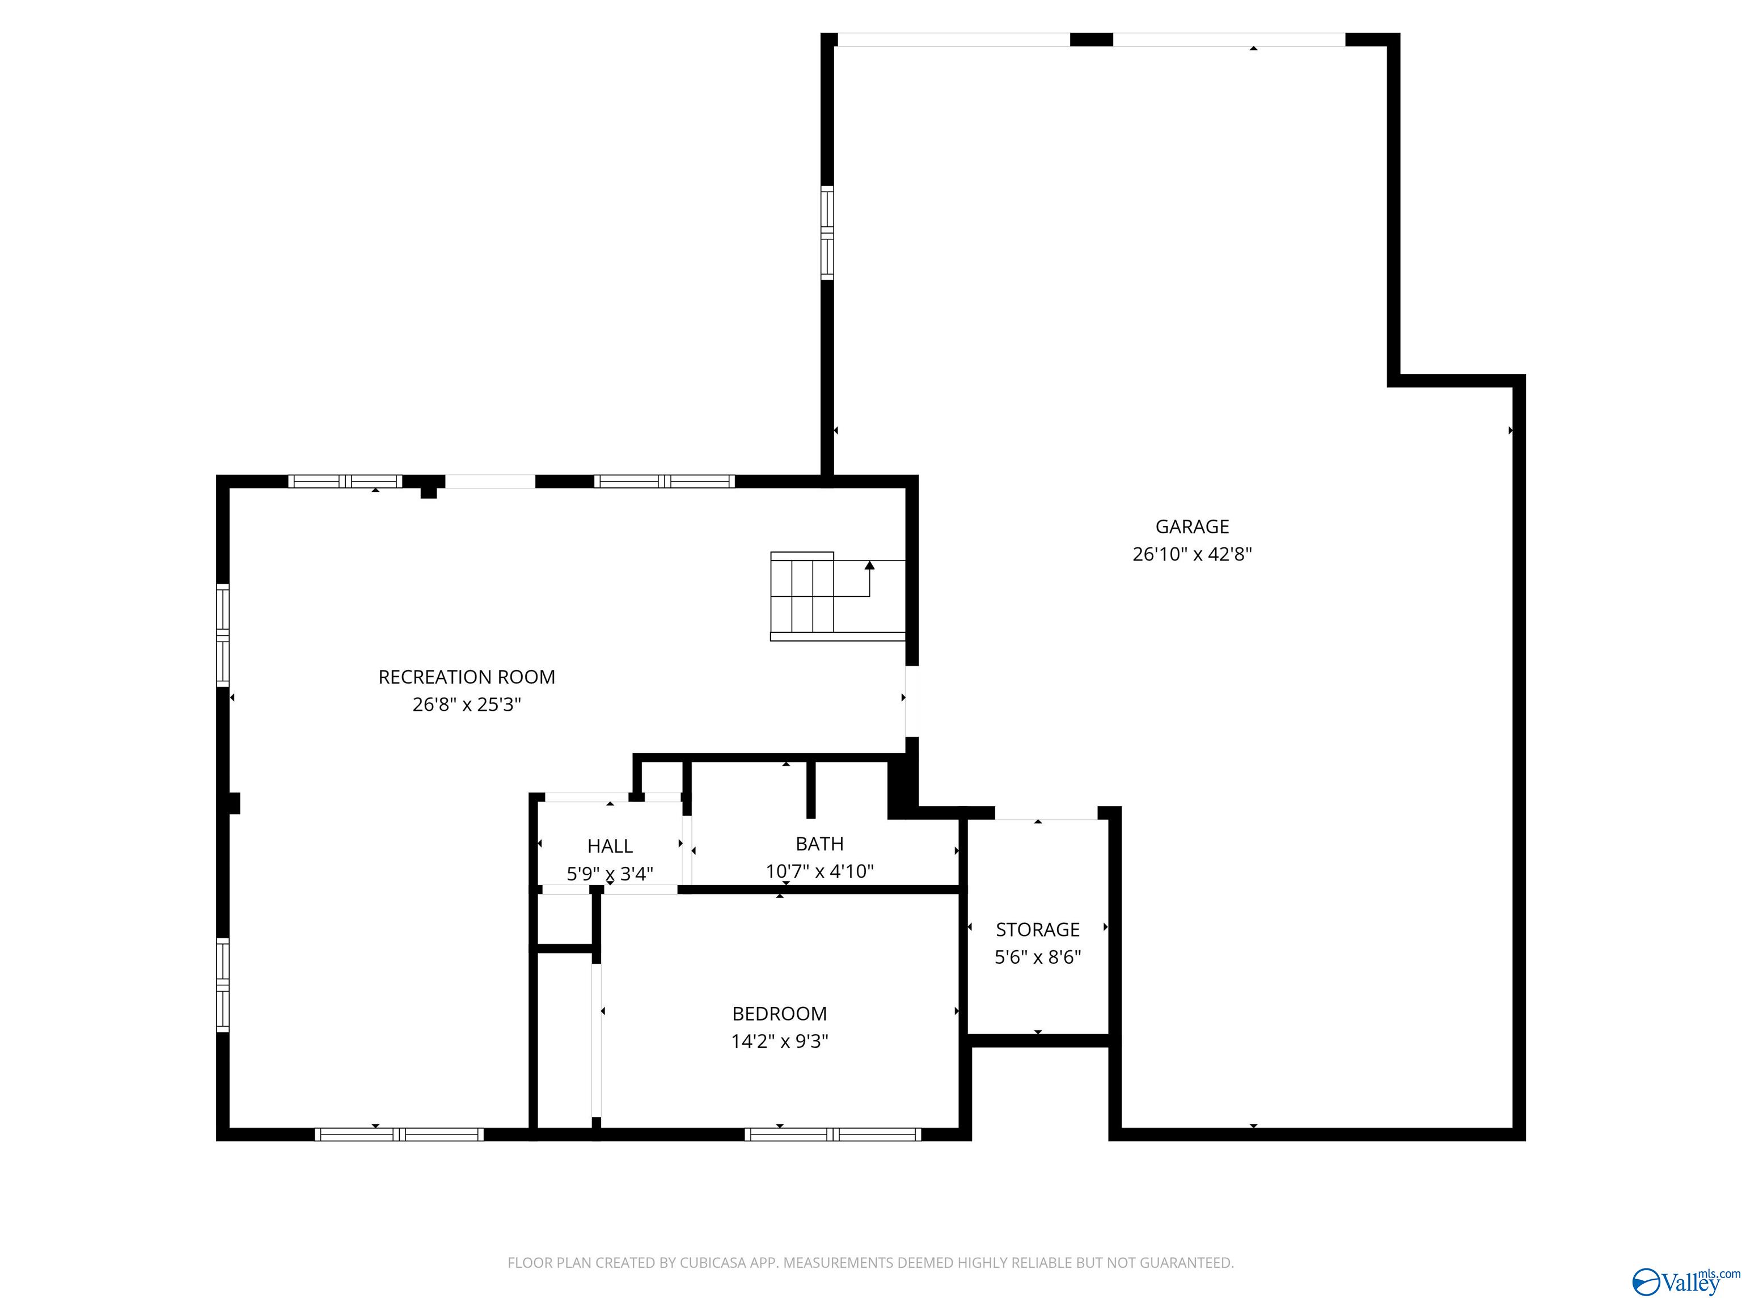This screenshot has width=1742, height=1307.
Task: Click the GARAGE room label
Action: [1191, 526]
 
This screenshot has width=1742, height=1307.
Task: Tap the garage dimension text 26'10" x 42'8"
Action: [1191, 554]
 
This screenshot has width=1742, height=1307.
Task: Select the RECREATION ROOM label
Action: [466, 677]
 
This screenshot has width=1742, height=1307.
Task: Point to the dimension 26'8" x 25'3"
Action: [466, 705]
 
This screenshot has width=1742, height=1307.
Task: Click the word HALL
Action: [610, 846]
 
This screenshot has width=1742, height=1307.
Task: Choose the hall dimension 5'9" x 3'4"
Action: [610, 874]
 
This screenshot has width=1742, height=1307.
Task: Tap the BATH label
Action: [819, 844]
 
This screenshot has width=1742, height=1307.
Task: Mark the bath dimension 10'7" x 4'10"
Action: [819, 871]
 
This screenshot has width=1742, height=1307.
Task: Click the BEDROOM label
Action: [779, 1014]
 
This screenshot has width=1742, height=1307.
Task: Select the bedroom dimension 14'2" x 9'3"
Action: [779, 1042]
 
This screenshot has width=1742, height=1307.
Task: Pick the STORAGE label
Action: [1037, 930]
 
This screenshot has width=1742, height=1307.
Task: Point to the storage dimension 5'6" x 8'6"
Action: [1037, 957]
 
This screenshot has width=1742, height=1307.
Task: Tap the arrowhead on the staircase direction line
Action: [869, 565]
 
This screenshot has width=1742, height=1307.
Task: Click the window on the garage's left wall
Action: [827, 233]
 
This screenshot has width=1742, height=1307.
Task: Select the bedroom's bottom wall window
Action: [832, 1135]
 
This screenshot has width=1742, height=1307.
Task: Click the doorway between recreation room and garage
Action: [911, 701]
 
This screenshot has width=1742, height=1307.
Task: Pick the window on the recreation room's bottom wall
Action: [399, 1135]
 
